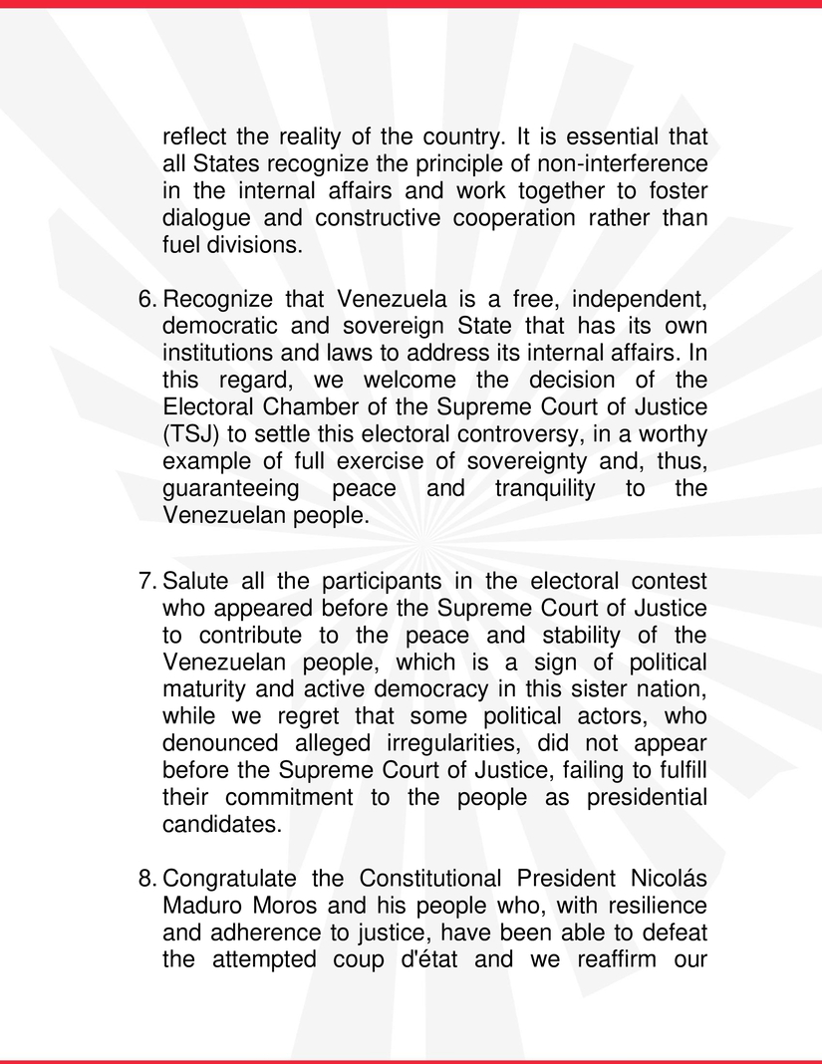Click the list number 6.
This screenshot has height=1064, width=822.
[144, 299]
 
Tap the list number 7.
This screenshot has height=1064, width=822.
[144, 581]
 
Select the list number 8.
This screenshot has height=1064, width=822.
[144, 879]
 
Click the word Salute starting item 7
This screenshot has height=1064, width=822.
[195, 581]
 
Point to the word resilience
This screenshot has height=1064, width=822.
[662, 907]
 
